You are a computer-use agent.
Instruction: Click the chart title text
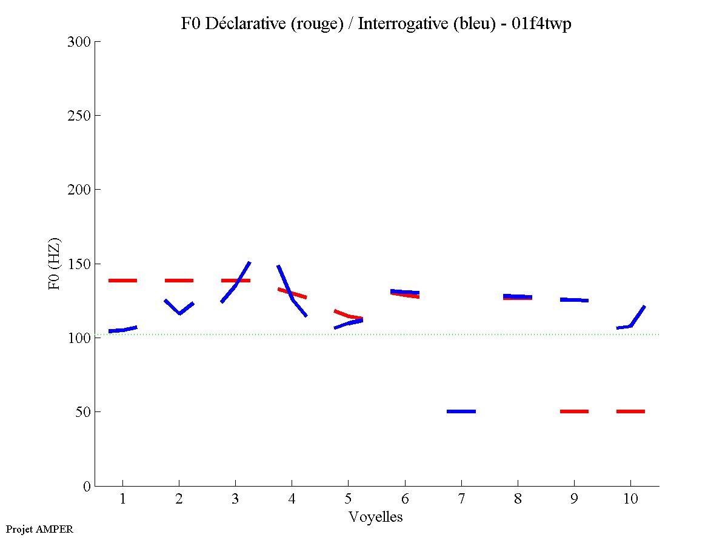tap(376, 24)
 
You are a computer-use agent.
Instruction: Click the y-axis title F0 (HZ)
tap(55, 264)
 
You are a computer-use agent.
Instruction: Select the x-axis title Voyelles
tap(376, 517)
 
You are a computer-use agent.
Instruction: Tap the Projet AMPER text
tap(39, 529)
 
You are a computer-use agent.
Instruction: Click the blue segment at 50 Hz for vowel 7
tap(461, 411)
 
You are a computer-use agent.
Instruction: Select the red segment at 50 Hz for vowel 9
tap(574, 411)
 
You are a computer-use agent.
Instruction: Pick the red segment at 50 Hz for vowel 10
tap(630, 411)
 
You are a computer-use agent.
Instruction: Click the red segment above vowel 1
tap(123, 281)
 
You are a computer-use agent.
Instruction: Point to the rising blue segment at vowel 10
tap(637, 316)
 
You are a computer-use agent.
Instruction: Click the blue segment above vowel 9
tap(574, 300)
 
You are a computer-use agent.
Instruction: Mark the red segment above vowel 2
tap(179, 281)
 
